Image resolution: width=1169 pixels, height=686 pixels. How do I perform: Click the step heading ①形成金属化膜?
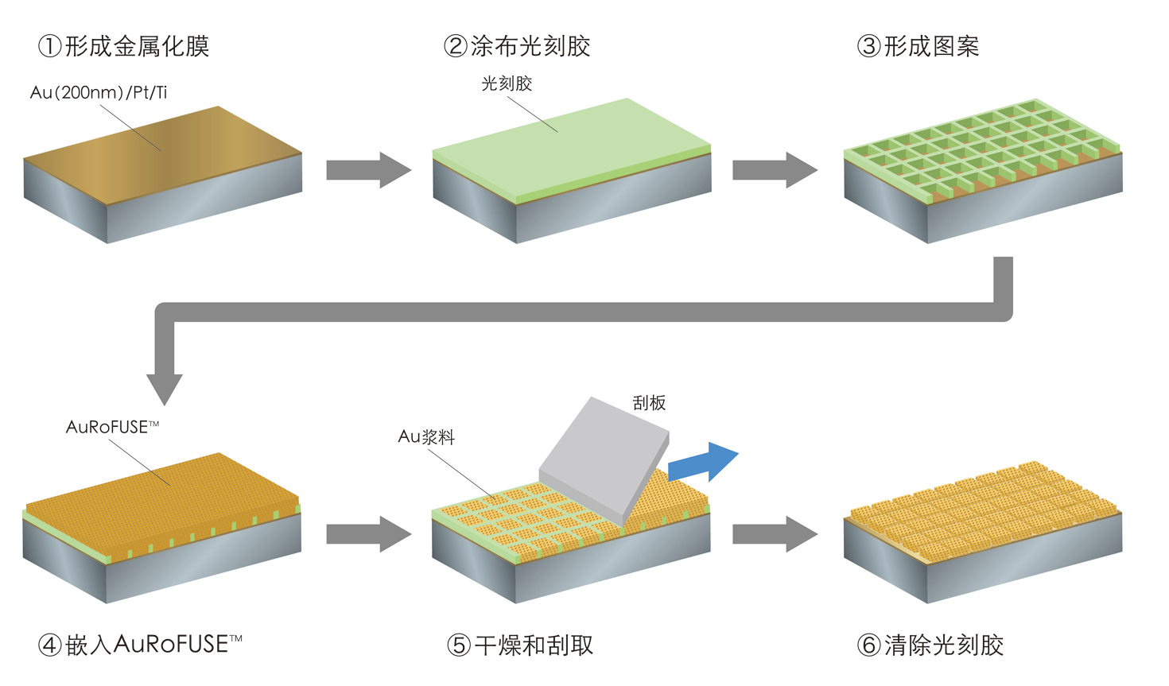pos(124,46)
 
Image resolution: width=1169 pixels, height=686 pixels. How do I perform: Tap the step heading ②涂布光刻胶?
pos(517,46)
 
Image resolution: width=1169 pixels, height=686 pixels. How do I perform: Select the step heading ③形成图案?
pos(918,46)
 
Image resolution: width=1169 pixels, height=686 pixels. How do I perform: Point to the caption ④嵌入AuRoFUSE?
pos(140,644)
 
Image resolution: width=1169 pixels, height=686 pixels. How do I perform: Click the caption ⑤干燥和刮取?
pos(520,645)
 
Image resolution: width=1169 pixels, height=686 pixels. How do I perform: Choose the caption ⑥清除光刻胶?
pos(930,645)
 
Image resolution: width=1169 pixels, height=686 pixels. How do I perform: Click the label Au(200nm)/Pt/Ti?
pos(99,92)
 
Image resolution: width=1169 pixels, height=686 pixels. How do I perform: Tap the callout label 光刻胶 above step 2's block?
pos(507,83)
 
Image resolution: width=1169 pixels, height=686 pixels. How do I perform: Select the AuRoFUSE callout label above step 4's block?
pos(112,427)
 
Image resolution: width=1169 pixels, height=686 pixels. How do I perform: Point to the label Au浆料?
pos(426,436)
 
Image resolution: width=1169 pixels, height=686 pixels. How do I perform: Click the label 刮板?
pos(649,403)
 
